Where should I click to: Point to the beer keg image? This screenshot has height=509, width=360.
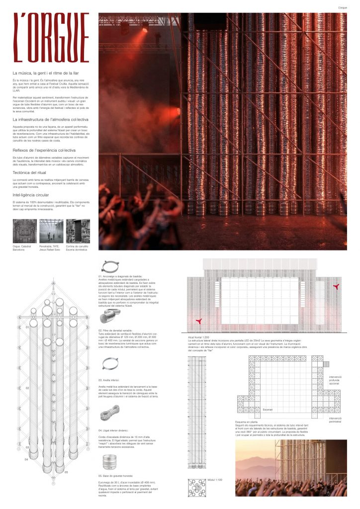109,463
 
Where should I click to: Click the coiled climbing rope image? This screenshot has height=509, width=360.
110,414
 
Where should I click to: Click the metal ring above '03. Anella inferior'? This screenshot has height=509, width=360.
110,364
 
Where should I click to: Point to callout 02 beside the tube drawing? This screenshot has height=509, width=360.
28,388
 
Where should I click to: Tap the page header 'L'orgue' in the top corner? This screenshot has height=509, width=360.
342,7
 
